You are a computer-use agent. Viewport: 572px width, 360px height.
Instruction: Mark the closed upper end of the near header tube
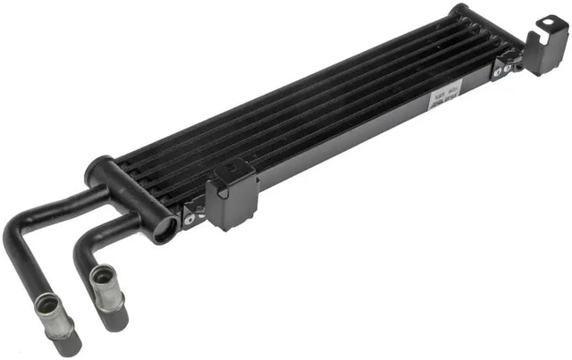(x=98, y=166)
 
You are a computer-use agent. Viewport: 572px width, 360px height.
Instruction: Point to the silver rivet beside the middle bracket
(x=189, y=214)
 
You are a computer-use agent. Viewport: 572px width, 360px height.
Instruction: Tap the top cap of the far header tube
(x=460, y=12)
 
